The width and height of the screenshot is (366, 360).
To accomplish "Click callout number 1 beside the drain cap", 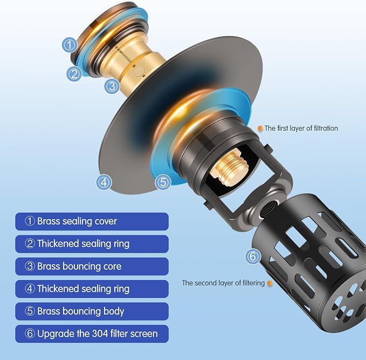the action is [x=70, y=45].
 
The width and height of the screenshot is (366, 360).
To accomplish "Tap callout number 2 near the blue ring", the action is [x=74, y=74].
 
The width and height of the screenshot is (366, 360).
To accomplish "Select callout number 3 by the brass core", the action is [x=112, y=86].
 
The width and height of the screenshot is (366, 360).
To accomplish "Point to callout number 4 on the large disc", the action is [x=104, y=182].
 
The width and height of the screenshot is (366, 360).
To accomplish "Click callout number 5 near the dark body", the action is [x=163, y=182].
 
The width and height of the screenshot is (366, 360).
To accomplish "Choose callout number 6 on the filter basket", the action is [x=253, y=257].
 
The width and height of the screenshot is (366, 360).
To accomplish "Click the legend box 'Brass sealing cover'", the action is [x=92, y=221].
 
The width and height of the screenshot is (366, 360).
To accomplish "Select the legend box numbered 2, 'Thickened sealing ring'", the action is [x=92, y=244].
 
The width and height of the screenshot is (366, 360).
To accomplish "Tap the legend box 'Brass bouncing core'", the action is [x=92, y=266].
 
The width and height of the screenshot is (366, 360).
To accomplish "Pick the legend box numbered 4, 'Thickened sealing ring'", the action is [x=92, y=289].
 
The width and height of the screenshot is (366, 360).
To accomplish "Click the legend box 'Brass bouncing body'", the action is [x=92, y=311].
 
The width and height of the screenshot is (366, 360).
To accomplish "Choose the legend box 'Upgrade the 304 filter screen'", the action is [x=92, y=334].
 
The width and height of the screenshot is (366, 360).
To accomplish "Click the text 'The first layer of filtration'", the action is [x=301, y=128].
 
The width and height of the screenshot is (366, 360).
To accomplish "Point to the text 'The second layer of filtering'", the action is [x=223, y=283].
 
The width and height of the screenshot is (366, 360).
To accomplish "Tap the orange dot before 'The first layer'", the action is [x=260, y=128].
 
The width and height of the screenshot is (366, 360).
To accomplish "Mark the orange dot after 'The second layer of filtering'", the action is [x=270, y=283].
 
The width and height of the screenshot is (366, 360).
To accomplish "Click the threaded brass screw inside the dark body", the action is [x=229, y=167].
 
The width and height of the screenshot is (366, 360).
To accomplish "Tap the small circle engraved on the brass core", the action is [x=140, y=71].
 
